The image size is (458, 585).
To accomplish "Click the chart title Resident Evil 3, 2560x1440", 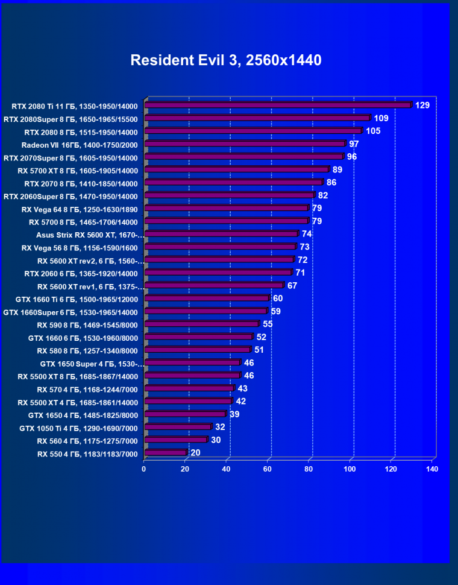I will (226, 60).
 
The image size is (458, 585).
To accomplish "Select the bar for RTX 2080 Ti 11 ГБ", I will (277, 106).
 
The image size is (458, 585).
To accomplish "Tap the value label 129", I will (422, 106).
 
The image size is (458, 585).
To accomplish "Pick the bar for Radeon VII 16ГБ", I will (244, 144).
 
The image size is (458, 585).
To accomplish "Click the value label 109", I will (381, 118).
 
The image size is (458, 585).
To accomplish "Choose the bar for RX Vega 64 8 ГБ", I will (226, 209).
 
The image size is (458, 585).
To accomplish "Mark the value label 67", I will (292, 285).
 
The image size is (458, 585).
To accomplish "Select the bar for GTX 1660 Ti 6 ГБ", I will (206, 299).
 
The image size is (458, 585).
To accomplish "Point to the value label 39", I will (234, 414).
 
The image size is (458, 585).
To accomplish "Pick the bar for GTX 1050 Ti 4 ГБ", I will (177, 427).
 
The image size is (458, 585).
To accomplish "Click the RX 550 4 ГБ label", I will (87, 454).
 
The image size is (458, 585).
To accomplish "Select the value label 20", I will (195, 452).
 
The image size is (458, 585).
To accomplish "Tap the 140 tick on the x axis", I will (431, 469).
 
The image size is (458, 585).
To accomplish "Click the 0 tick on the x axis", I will (144, 469).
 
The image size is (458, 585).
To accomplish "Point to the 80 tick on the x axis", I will (309, 469).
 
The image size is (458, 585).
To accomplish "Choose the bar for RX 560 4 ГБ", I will (175, 440).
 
